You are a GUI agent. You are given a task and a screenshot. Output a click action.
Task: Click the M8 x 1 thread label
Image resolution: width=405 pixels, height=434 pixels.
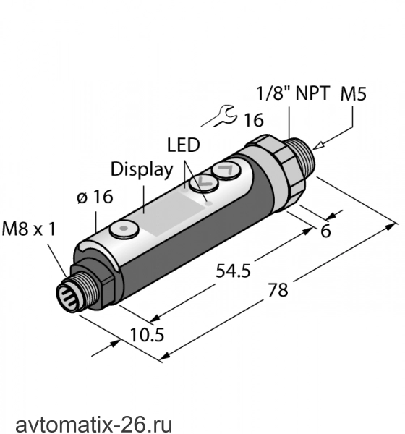pyautogui.click(x=29, y=229)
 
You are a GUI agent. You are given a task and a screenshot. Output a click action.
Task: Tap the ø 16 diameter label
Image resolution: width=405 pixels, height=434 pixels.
pyautogui.click(x=95, y=197)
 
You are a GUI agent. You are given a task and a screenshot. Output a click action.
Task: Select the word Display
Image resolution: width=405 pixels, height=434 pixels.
pyautogui.click(x=142, y=169)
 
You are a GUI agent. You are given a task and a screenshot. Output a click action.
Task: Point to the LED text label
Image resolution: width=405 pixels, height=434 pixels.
pyautogui.click(x=183, y=145)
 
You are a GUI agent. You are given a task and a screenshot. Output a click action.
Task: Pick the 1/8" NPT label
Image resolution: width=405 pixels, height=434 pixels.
pyautogui.click(x=294, y=93)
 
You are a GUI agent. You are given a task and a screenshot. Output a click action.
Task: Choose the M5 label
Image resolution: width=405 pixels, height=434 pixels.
pyautogui.click(x=353, y=93)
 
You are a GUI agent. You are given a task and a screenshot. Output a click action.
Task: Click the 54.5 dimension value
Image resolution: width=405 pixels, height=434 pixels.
pyautogui.click(x=233, y=271)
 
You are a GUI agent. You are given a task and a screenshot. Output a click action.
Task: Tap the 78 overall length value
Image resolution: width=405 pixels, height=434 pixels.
pyautogui.click(x=278, y=290)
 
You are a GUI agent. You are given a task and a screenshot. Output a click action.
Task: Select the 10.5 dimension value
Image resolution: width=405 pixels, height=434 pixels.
pyautogui.click(x=147, y=335)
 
